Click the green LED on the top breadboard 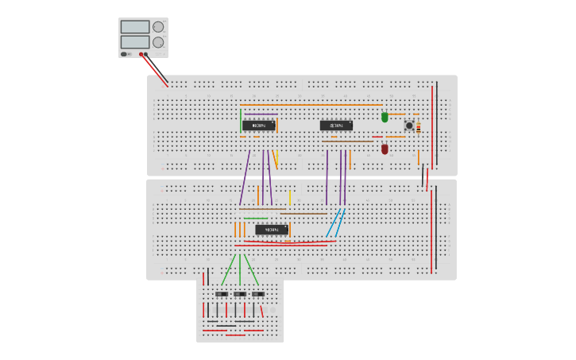pyautogui.click(x=385, y=117)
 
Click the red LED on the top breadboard pyautogui.click(x=385, y=149)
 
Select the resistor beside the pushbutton pyautogui.click(x=419, y=127)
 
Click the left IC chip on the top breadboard pyautogui.click(x=259, y=126)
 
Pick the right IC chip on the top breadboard pyautogui.click(x=336, y=126)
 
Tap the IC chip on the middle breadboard pyautogui.click(x=272, y=230)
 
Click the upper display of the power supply pyautogui.click(x=134, y=27)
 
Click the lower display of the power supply pyautogui.click(x=134, y=42)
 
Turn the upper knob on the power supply pyautogui.click(x=158, y=27)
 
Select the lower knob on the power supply pyautogui.click(x=158, y=42)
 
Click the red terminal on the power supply pyautogui.click(x=141, y=54)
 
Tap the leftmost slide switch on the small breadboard pyautogui.click(x=222, y=294)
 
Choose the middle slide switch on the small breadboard pyautogui.click(x=240, y=294)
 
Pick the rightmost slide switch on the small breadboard pyautogui.click(x=258, y=294)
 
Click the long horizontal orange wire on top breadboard pyautogui.click(x=310, y=105)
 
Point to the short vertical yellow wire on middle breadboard pyautogui.click(x=289, y=197)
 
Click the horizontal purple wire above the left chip pyautogui.click(x=261, y=114)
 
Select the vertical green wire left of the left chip pyautogui.click(x=240, y=121)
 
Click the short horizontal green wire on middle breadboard pyautogui.click(x=255, y=219)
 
